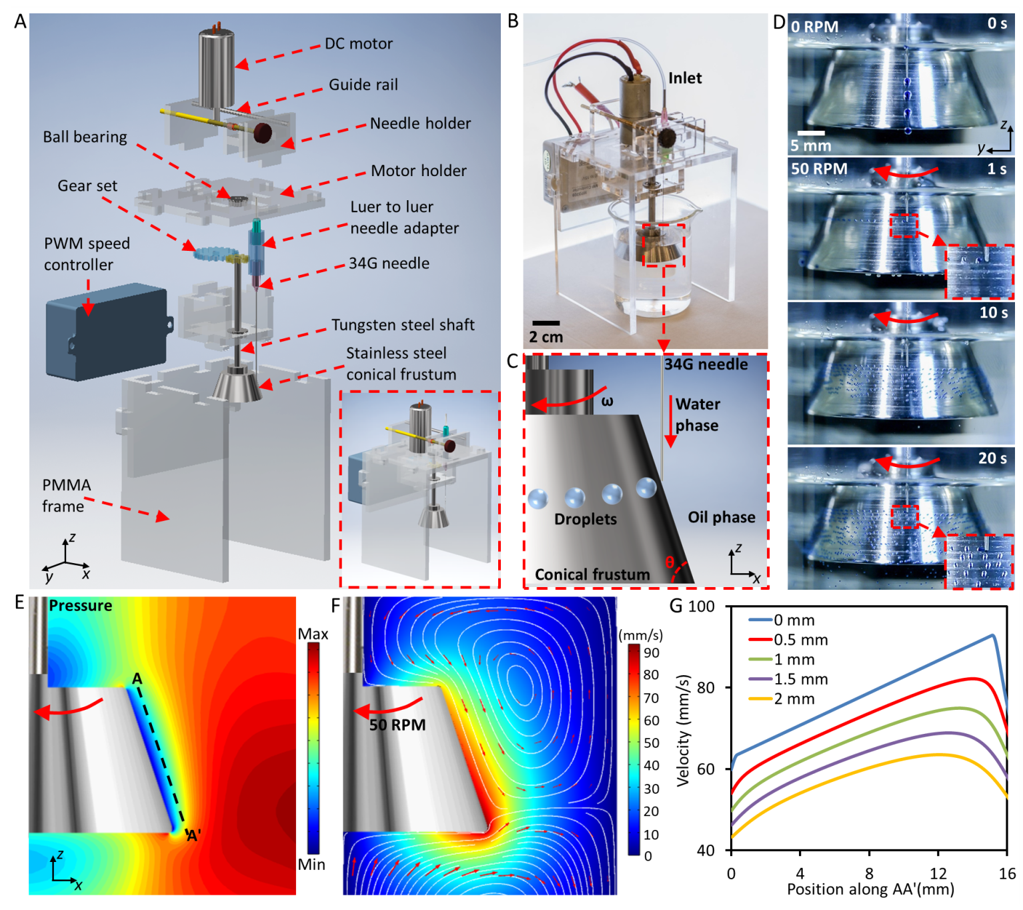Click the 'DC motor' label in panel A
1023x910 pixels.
coord(358,44)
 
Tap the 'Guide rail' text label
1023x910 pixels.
coord(363,85)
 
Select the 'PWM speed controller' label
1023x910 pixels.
coord(87,254)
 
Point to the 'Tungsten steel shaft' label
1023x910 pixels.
coord(403,325)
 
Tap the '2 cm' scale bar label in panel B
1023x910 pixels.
coord(546,338)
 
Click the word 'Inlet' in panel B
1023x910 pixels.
coord(685,78)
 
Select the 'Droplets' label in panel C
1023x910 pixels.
coord(585,519)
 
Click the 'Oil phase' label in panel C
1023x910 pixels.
coord(722,517)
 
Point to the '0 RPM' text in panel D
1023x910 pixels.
coord(814,27)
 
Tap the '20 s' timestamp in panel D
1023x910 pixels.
coord(992,458)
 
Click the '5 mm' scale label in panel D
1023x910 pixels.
coord(810,145)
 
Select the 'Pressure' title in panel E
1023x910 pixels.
coord(81,605)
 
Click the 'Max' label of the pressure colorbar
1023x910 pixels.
coord(313,634)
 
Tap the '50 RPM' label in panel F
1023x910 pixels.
coord(397,725)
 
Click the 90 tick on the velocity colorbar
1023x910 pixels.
coord(651,652)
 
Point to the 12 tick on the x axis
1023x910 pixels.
coord(938,873)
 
